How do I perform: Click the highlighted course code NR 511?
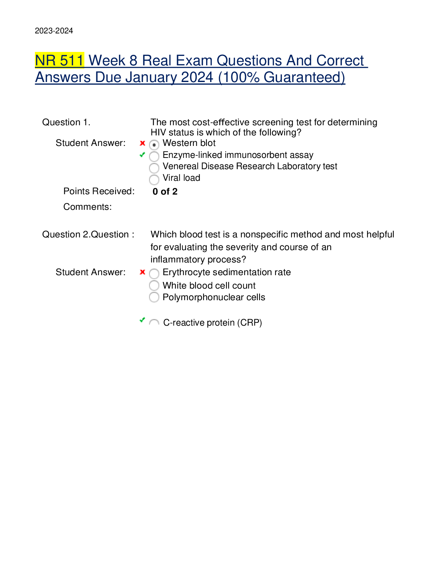(x=59, y=61)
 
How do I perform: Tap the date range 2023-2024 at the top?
(x=54, y=31)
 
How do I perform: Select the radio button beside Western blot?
(x=154, y=145)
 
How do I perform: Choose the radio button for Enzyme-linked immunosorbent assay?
(x=154, y=156)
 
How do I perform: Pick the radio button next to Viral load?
(x=154, y=179)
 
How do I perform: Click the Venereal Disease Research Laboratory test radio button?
(x=154, y=168)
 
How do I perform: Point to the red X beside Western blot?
(x=143, y=143)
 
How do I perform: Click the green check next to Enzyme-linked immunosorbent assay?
(x=143, y=155)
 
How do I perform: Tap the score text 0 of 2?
(x=165, y=192)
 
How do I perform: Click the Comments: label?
(x=88, y=207)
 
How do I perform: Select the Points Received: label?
(x=99, y=191)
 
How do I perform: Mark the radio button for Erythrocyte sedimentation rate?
(x=154, y=274)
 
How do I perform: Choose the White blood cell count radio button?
(x=154, y=285)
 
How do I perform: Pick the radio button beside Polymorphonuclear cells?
(x=154, y=297)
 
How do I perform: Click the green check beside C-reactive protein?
(x=143, y=320)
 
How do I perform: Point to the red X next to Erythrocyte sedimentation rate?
(x=143, y=272)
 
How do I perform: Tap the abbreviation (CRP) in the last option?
(x=250, y=323)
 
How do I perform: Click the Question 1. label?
(x=66, y=122)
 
